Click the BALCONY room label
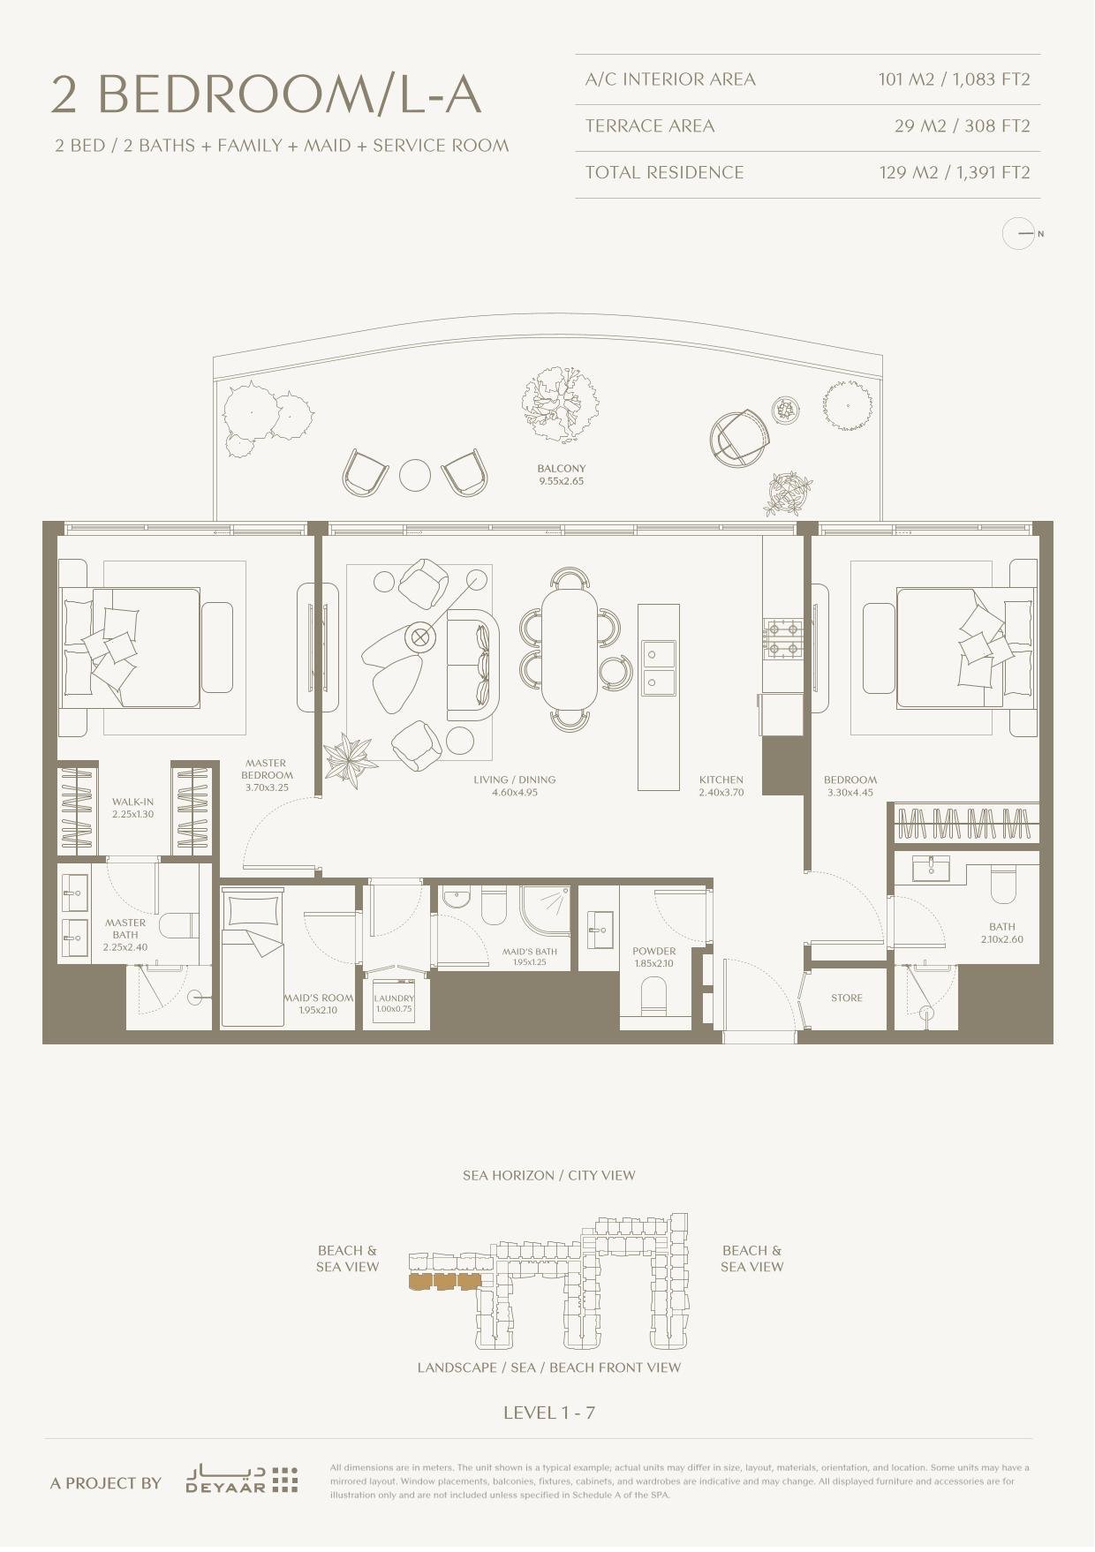point(562,469)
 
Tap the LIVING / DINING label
point(515,780)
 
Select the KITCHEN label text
point(721,780)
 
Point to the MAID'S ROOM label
point(319,998)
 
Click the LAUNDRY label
point(394,998)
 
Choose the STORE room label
point(847,998)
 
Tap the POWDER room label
point(654,952)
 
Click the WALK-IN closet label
point(132,802)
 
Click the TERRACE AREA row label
point(650,125)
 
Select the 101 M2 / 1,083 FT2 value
point(954,79)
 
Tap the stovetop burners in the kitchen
point(783,639)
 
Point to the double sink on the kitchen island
point(658,667)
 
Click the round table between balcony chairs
point(415,475)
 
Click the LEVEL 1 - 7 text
point(549,1413)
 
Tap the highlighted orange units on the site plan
point(445,1282)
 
